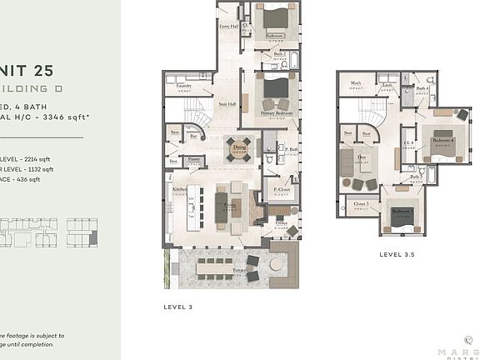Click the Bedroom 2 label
276,36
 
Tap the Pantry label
192,157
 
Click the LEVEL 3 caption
178,307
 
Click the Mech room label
355,83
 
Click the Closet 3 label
361,203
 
